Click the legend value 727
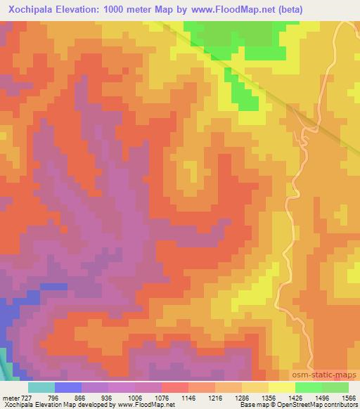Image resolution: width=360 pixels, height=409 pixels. point(25,398)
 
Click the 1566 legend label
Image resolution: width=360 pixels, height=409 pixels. point(340,398)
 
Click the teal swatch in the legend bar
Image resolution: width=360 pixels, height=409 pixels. point(41,388)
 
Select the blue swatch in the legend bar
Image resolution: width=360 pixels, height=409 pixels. point(68,388)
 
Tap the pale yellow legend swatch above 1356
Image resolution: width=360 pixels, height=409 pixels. point(282,388)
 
